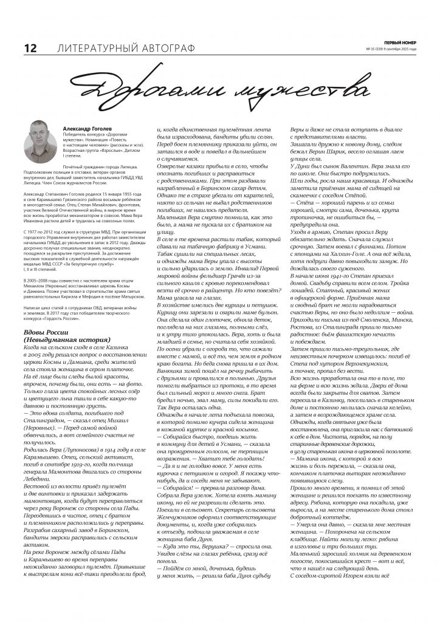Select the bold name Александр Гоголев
coord(87,129)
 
